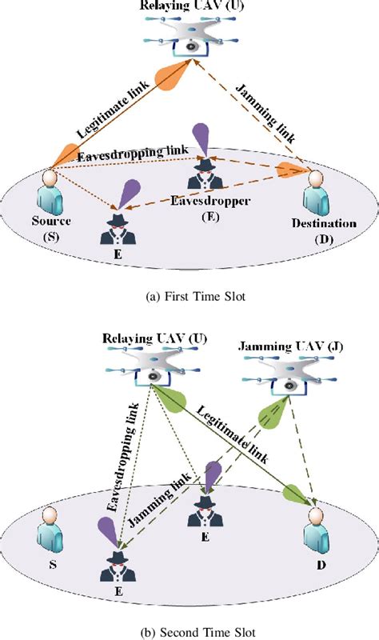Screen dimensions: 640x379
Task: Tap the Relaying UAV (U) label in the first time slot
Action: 189,7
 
